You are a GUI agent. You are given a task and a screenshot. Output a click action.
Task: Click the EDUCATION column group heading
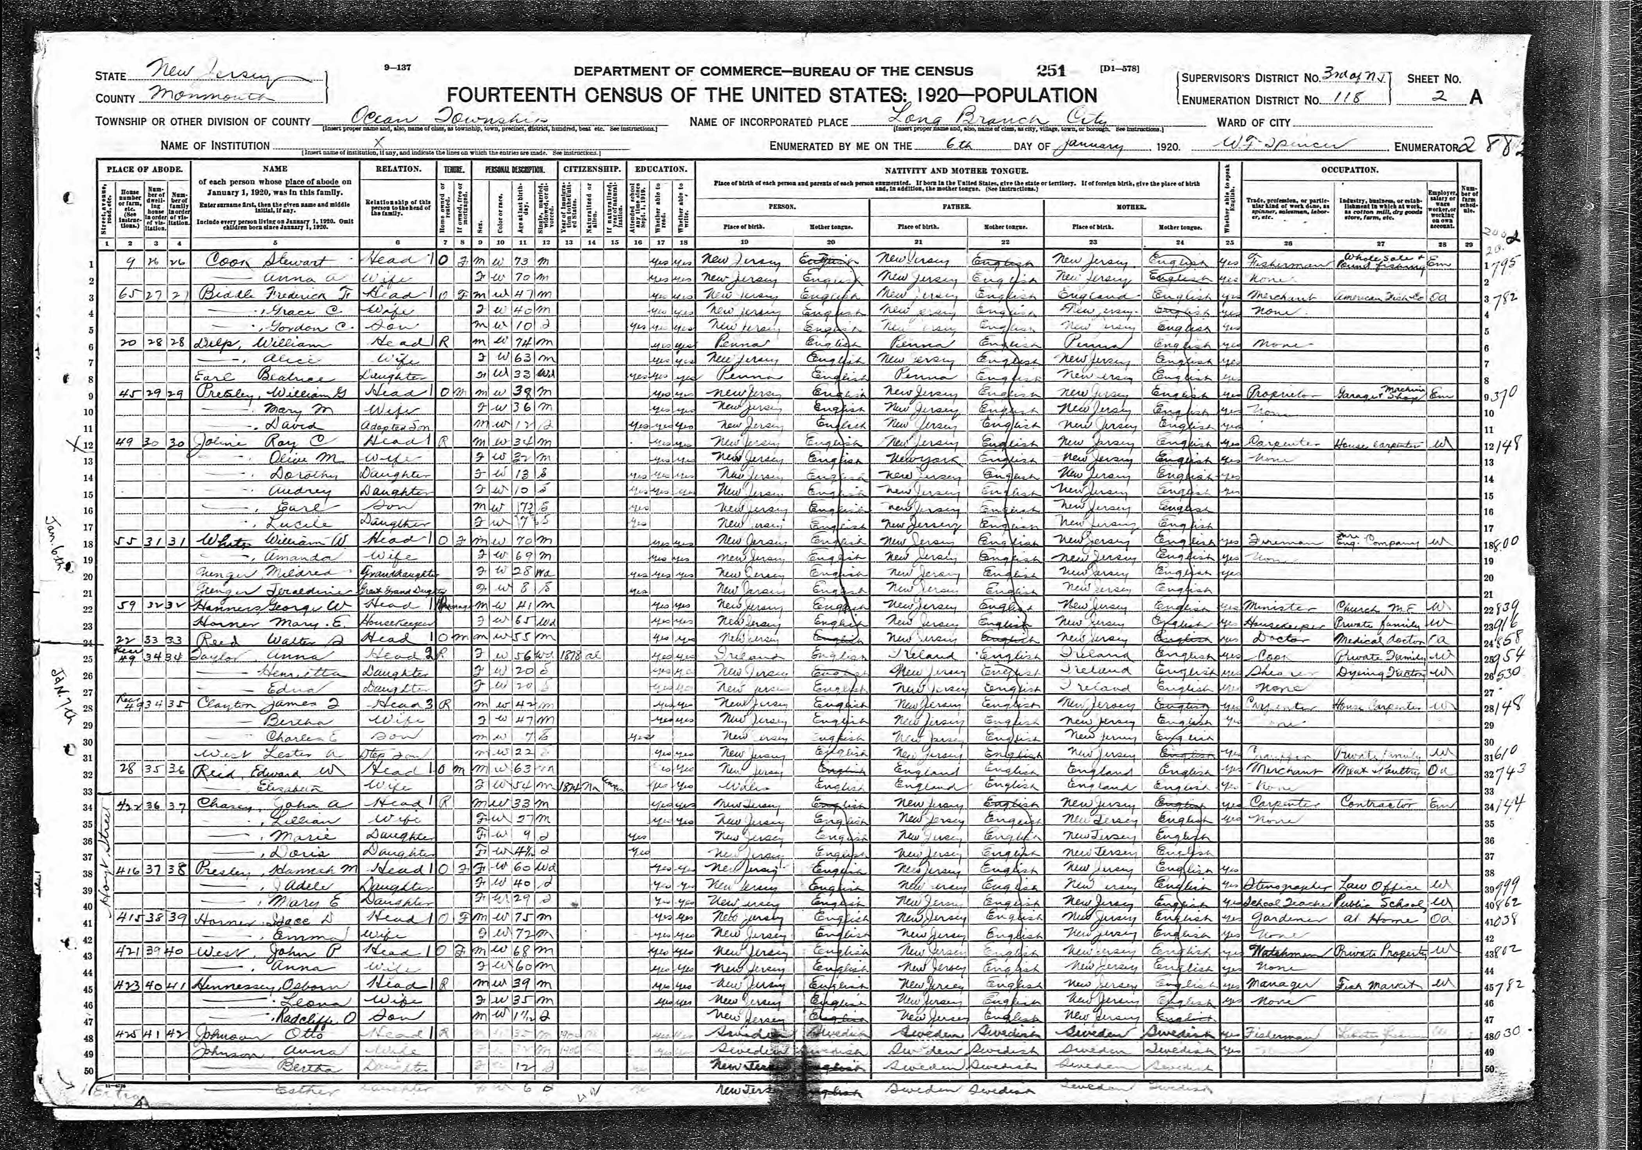coord(659,170)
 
